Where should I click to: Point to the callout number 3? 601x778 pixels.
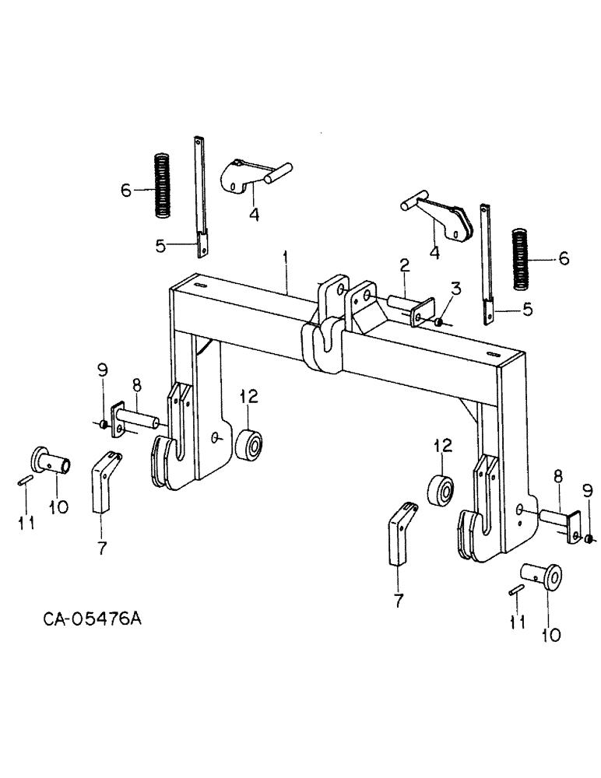455,289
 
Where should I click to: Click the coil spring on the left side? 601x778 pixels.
163,186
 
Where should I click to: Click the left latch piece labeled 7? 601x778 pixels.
103,484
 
